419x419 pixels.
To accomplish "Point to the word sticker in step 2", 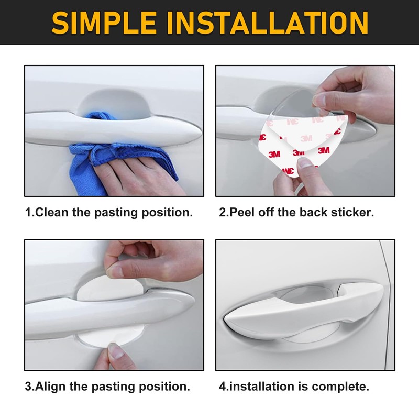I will click(x=354, y=213).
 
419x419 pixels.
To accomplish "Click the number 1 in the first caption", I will click(x=28, y=213).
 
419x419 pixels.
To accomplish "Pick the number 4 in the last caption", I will click(x=223, y=387).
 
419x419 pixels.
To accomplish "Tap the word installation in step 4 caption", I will click(x=262, y=387).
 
